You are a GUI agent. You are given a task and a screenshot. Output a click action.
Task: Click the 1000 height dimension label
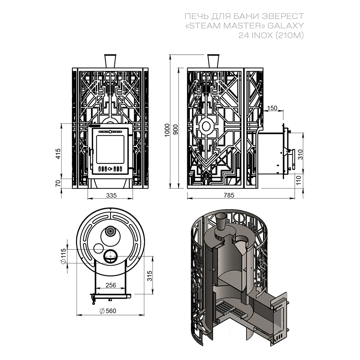(167, 130)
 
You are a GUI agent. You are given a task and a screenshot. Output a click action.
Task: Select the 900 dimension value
(176, 130)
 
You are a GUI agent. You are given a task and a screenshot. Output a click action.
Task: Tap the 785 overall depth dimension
(229, 195)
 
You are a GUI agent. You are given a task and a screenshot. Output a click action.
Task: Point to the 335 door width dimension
(111, 195)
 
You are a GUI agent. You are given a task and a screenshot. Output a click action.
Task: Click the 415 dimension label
(58, 154)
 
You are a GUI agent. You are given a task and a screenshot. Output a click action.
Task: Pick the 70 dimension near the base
(58, 183)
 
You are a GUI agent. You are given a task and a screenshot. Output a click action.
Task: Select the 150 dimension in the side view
(273, 108)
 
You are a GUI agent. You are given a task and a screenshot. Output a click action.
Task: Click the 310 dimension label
(301, 154)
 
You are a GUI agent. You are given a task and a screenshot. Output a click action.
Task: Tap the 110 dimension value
(299, 180)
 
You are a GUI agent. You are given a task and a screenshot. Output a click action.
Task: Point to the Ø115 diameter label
(63, 256)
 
